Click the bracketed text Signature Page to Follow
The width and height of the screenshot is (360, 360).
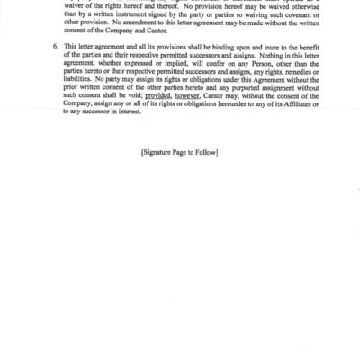pos(180,153)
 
